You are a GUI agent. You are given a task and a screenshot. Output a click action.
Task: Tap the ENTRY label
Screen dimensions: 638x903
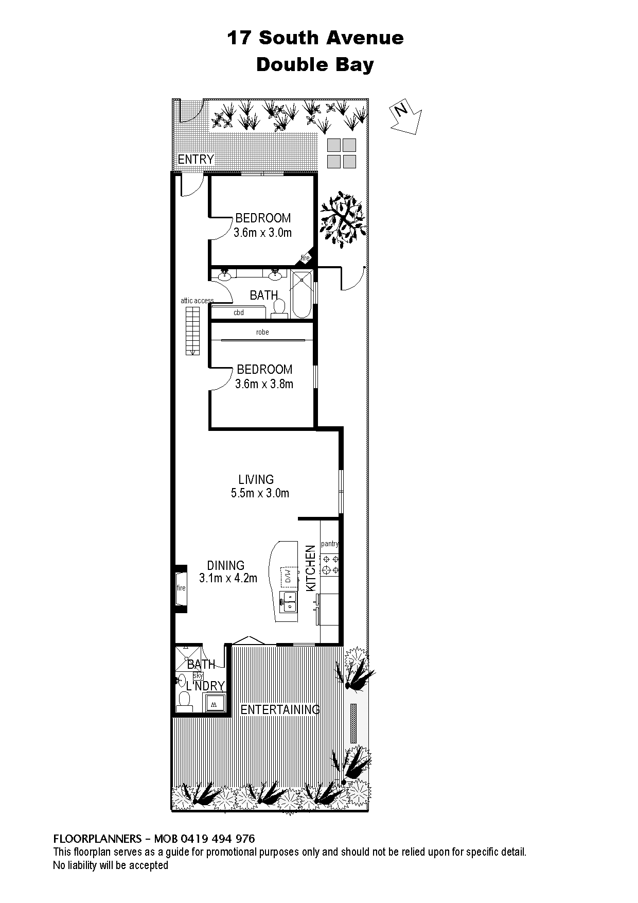click(196, 160)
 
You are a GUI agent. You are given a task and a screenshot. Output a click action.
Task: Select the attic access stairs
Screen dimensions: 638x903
click(192, 331)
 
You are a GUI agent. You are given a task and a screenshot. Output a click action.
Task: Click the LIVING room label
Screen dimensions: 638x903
click(256, 479)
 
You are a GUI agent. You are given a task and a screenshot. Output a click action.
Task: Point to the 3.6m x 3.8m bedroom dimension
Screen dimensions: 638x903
click(264, 384)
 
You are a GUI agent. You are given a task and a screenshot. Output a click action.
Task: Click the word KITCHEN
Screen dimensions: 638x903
click(310, 568)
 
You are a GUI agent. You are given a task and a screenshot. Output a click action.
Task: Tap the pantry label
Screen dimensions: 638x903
click(330, 544)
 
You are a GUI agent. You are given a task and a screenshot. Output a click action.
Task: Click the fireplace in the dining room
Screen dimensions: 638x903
click(181, 588)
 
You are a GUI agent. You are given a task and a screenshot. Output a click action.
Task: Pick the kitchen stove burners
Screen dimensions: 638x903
click(330, 565)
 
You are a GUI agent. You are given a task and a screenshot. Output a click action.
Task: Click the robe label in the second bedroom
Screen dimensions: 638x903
click(262, 332)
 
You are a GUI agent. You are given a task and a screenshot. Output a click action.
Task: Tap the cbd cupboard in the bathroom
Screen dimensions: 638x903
click(238, 312)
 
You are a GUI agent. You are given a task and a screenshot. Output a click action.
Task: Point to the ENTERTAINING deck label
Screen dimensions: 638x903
click(280, 709)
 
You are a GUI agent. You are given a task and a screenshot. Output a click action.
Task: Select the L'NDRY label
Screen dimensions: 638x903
click(205, 686)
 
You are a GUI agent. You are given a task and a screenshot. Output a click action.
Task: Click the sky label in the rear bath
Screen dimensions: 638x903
click(198, 675)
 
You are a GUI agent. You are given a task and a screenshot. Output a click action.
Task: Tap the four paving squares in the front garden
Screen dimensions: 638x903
click(342, 153)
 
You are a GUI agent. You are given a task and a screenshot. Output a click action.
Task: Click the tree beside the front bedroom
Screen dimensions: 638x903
click(343, 217)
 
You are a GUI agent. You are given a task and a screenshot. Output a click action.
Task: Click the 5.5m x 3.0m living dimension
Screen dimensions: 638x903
click(260, 493)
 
